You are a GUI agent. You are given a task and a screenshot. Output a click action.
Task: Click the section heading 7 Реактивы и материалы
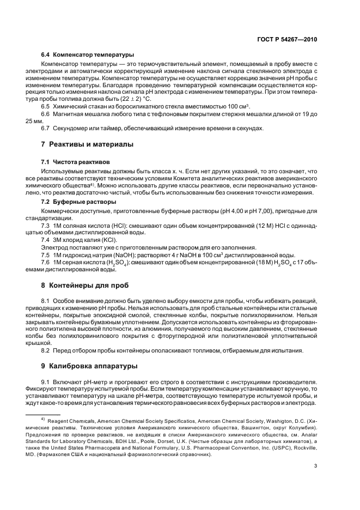pos(87,144)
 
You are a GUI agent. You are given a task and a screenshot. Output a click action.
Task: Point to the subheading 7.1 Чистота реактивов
pos(75,162)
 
